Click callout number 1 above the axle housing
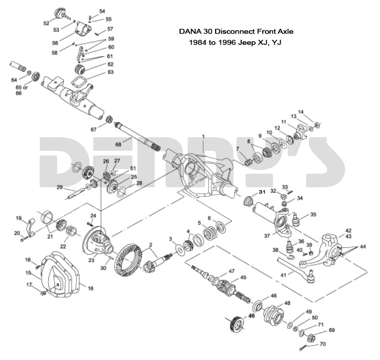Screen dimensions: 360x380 pyautogui.click(x=203, y=137)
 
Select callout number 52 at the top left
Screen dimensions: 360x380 pyautogui.click(x=46, y=23)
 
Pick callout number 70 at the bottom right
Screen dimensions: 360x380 pyautogui.click(x=323, y=344)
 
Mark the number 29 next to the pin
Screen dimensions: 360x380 pyautogui.click(x=60, y=187)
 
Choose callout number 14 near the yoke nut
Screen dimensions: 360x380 pyautogui.click(x=314, y=112)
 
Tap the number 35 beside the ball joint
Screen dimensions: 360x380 pyautogui.click(x=313, y=215)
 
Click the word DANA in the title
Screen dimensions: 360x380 pyautogui.click(x=189, y=32)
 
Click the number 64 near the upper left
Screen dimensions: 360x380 pyautogui.click(x=14, y=80)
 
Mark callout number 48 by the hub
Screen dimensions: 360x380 pyautogui.click(x=287, y=303)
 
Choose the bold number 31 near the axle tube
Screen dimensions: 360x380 pyautogui.click(x=262, y=192)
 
